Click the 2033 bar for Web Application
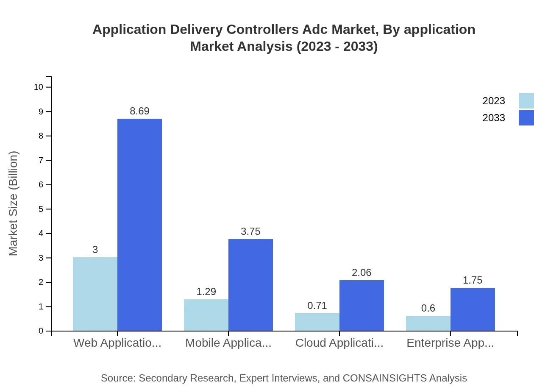pyautogui.click(x=139, y=225)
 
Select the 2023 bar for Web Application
pyautogui.click(x=95, y=294)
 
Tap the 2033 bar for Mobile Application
pyautogui.click(x=250, y=285)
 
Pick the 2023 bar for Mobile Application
pyautogui.click(x=206, y=315)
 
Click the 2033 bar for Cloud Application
pyautogui.click(x=362, y=305)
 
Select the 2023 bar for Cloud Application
pyautogui.click(x=317, y=322)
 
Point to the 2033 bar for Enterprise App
pyautogui.click(x=473, y=309)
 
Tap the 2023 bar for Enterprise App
pyautogui.click(x=428, y=323)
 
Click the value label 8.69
pyautogui.click(x=139, y=111)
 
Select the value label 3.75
pyautogui.click(x=250, y=231)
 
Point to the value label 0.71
pyautogui.click(x=317, y=306)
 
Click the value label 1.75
pyautogui.click(x=473, y=280)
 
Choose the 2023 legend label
pyautogui.click(x=494, y=101)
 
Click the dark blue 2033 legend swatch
pyautogui.click(x=526, y=118)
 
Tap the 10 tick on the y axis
pyautogui.click(x=39, y=87)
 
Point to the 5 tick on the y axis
pyautogui.click(x=41, y=209)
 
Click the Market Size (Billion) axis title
pyautogui.click(x=13, y=203)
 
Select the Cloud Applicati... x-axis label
pyautogui.click(x=339, y=343)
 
